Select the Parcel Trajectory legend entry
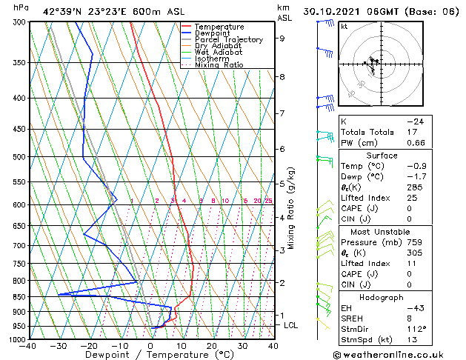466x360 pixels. click(228, 40)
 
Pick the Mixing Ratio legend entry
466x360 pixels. click(219, 65)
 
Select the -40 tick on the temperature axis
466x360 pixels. click(28, 346)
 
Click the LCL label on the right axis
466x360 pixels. click(292, 325)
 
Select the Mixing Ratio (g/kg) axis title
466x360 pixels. click(291, 208)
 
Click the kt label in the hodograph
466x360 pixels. click(344, 26)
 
